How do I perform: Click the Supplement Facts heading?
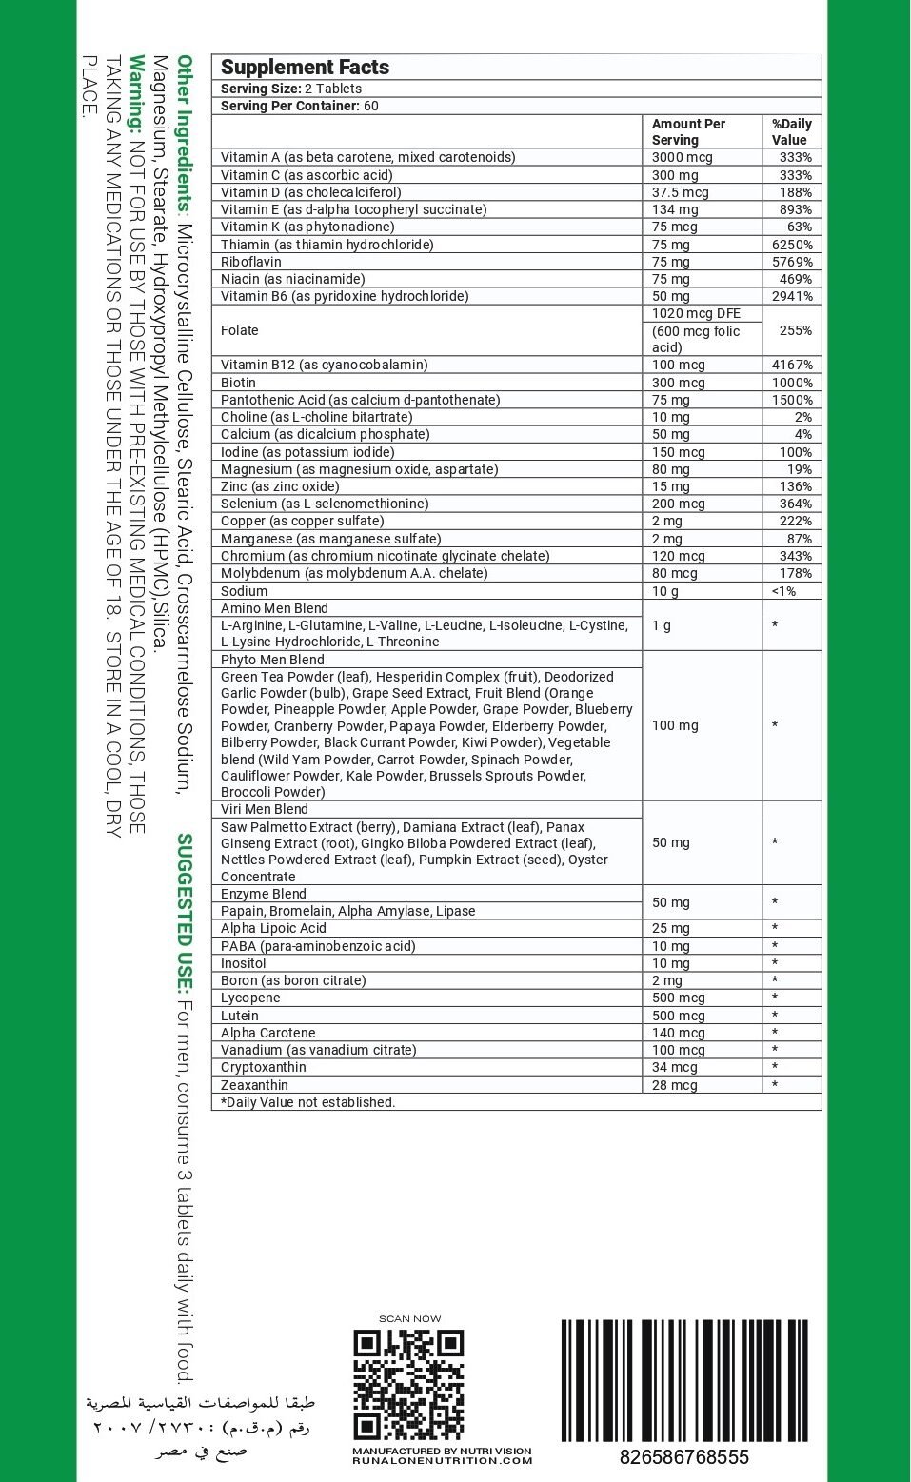(x=305, y=68)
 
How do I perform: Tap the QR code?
(x=408, y=1384)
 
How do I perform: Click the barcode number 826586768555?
(x=683, y=1457)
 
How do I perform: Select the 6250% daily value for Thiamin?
(x=792, y=245)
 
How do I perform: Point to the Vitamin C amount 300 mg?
(x=675, y=175)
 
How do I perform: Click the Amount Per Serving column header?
(x=688, y=131)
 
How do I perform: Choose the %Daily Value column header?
(x=791, y=131)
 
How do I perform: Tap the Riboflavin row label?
(x=251, y=262)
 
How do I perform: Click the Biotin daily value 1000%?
(x=792, y=383)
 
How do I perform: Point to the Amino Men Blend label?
(x=274, y=608)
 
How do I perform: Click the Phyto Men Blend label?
(x=272, y=660)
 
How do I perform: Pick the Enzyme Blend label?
(x=264, y=894)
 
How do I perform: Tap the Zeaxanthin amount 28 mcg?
(x=675, y=1085)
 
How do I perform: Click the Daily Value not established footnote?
(x=307, y=1102)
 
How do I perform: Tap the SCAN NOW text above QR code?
(x=409, y=1319)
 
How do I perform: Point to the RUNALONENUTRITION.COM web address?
(x=442, y=1460)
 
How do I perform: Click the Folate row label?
(x=240, y=330)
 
